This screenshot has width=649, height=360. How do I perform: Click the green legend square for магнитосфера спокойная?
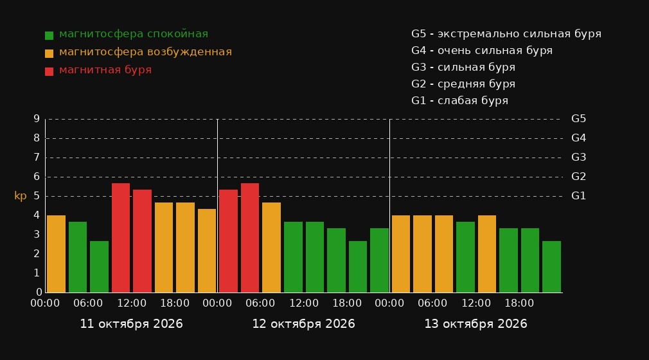[x=49, y=35]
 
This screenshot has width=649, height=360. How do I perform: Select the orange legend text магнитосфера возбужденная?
[x=145, y=52]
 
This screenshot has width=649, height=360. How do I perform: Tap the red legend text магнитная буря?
[x=105, y=70]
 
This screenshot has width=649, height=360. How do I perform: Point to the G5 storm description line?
[x=506, y=34]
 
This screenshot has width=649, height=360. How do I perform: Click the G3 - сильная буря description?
[x=463, y=67]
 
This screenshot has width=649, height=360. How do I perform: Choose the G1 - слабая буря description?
[x=459, y=101]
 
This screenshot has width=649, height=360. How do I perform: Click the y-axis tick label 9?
[x=37, y=119]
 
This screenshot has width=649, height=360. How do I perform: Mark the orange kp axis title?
[x=21, y=196]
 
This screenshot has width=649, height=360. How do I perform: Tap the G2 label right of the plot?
[x=578, y=177]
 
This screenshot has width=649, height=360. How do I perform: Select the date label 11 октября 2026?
[x=131, y=323]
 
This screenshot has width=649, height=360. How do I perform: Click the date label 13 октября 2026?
[x=476, y=323]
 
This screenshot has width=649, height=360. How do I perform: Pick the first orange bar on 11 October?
[x=57, y=254]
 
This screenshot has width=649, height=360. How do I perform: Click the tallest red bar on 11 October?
[x=121, y=238]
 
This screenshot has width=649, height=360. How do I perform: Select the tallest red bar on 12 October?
[x=250, y=238]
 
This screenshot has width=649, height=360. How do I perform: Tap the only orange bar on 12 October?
[x=272, y=248]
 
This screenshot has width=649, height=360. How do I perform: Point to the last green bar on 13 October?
[x=552, y=267]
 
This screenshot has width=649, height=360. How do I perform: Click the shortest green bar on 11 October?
[x=100, y=267]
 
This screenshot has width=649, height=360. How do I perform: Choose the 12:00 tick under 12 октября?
[x=304, y=303]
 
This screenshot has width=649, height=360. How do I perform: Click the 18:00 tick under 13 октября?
[x=519, y=303]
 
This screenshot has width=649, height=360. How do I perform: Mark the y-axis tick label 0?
[x=39, y=292]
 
